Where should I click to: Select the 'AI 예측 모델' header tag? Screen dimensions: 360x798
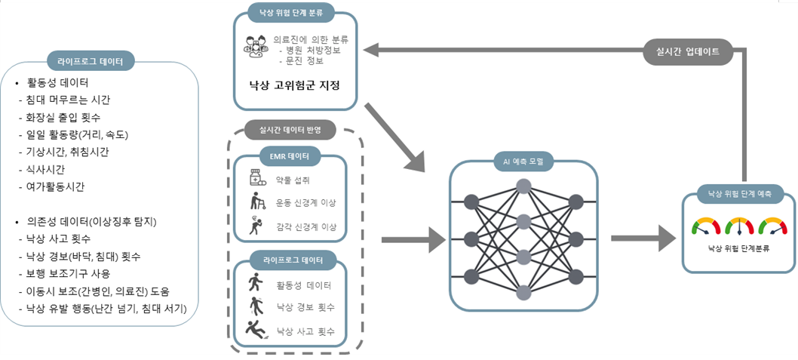pos(523,160)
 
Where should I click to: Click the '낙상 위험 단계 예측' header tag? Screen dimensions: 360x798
pos(739,192)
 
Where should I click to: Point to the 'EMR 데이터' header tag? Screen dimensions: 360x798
pos(289,156)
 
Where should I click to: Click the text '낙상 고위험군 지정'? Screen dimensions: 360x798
pos(294,85)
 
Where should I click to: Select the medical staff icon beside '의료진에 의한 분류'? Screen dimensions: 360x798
pos(256,46)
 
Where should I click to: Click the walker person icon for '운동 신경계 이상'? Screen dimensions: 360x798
pos(257,202)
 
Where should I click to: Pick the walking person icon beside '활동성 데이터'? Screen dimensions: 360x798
pos(256,284)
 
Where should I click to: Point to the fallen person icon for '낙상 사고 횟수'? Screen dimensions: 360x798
pos(257,330)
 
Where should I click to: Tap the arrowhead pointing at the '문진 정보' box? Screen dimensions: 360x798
pos(370,51)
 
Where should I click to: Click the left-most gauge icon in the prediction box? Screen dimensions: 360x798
pos(706,225)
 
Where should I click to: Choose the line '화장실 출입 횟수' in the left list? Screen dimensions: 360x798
pos(63,117)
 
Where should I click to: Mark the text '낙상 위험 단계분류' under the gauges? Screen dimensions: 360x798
pos(738,248)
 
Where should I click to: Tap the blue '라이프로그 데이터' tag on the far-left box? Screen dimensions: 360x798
pos(91,60)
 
